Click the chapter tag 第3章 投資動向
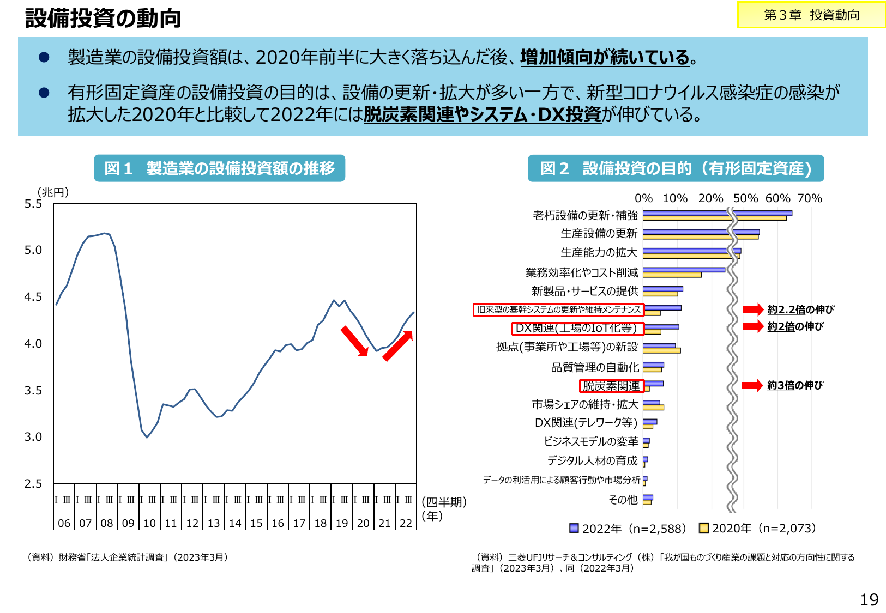(x=811, y=15)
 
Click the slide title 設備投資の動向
(x=103, y=18)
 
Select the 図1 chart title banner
(x=219, y=168)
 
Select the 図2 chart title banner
(x=676, y=168)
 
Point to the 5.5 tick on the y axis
(x=33, y=204)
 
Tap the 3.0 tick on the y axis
(x=33, y=437)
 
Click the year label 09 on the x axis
(x=128, y=523)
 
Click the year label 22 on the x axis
(x=406, y=523)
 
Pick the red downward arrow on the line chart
(x=354, y=341)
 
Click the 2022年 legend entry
(x=627, y=529)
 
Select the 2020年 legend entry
(x=758, y=529)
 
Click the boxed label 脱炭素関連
(x=611, y=386)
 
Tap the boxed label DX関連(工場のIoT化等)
(x=577, y=328)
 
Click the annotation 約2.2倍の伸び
(x=800, y=309)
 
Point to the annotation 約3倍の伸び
(x=795, y=385)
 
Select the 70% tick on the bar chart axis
(x=810, y=198)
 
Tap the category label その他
(x=623, y=500)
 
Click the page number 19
(x=869, y=600)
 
